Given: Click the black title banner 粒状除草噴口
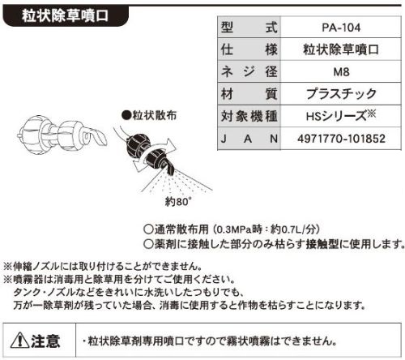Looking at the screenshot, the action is tap(66, 15).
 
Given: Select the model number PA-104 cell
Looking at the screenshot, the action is tap(341, 28).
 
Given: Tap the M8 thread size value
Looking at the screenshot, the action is tap(341, 71).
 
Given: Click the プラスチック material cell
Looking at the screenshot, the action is tap(341, 94).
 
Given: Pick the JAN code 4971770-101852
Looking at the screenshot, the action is tap(341, 139).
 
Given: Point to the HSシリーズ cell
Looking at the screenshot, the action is tap(341, 116).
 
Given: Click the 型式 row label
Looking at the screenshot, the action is tap(249, 28).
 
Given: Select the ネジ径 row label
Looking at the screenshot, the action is tap(249, 71).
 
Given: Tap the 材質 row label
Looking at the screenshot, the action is tap(249, 94).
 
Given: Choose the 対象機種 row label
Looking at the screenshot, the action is tap(249, 116).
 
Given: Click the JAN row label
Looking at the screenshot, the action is tap(249, 139).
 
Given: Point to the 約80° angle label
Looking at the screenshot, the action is tap(178, 201).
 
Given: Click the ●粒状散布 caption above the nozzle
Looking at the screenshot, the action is tap(149, 115).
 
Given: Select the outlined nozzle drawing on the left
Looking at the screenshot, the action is tap(62, 135).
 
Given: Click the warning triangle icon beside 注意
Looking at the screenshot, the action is tap(19, 340).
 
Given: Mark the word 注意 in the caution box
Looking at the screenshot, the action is tap(45, 341).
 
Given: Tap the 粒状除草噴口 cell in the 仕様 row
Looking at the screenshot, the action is tap(341, 49).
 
